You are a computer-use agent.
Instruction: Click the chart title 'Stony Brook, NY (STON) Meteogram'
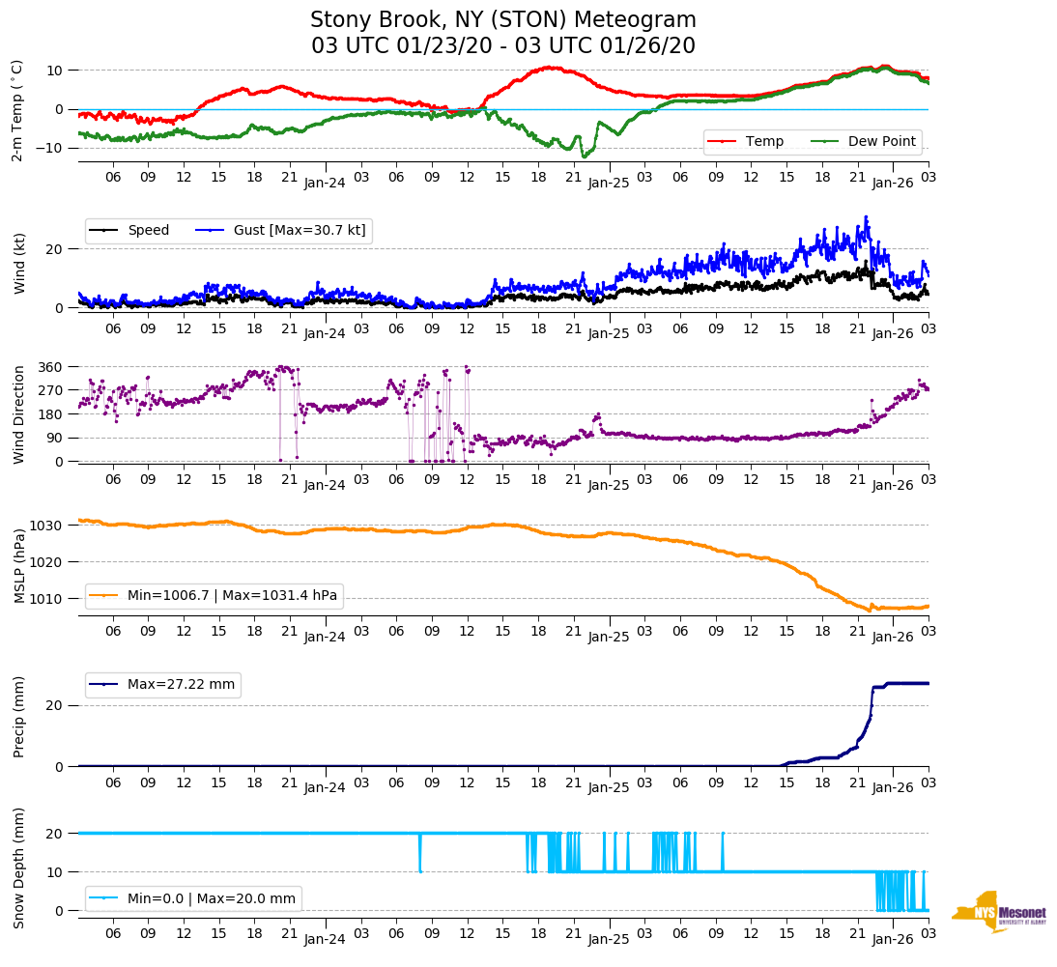502,20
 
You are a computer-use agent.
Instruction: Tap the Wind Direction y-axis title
19,414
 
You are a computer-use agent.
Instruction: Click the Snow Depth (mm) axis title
19,869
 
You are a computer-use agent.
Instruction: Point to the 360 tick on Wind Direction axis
51,367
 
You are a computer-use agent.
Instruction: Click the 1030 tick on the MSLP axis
46,526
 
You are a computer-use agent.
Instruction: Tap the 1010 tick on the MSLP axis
46,599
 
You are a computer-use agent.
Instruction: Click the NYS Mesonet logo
998,912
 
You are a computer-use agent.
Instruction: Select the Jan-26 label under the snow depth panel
893,939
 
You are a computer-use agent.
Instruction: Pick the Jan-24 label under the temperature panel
325,183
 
